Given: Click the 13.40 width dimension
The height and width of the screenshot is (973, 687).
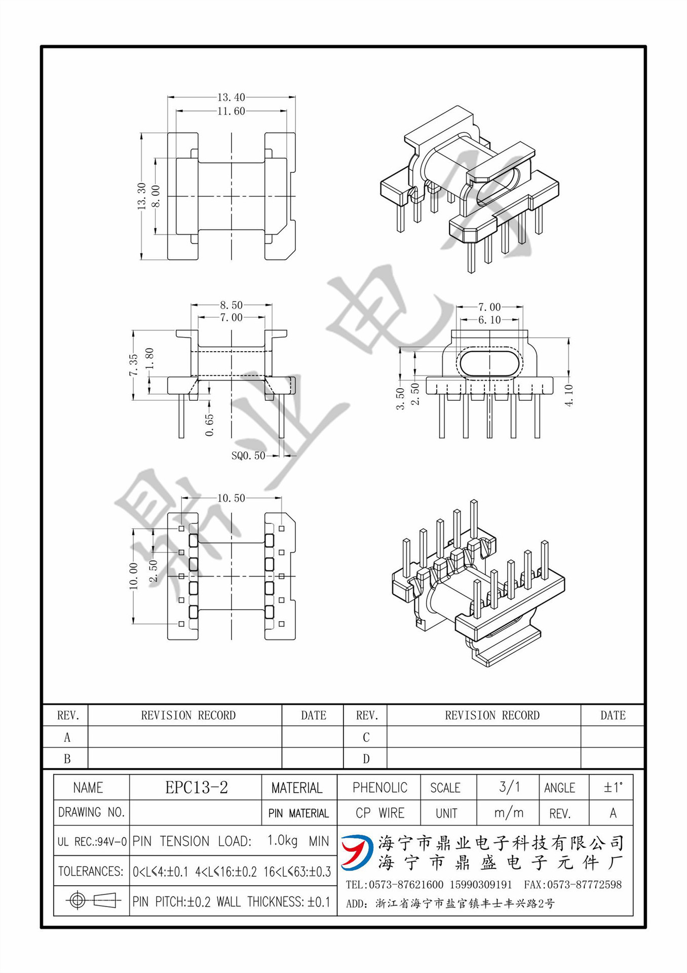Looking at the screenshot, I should [231, 97].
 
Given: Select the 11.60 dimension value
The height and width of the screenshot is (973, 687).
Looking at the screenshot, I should [231, 111].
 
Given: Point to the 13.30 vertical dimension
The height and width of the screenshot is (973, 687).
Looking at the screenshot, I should [141, 196].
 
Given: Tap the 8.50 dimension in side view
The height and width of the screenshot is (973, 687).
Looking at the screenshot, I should [231, 305].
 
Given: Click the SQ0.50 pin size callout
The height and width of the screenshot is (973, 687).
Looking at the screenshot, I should [248, 456].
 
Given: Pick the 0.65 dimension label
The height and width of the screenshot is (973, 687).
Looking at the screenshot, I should [209, 425].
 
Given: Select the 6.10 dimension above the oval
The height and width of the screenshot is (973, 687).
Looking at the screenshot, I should [489, 320].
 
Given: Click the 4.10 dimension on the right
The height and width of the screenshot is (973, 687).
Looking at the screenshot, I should [569, 395].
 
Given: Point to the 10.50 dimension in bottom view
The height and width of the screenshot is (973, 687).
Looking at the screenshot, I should [231, 498].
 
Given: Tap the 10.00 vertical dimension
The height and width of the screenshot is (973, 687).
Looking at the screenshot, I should [134, 576].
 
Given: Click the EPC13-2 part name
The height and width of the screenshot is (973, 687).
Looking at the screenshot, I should [197, 787].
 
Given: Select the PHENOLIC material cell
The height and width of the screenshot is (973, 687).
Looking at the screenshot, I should [379, 788].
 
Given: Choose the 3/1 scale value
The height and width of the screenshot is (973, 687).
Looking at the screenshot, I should [509, 787].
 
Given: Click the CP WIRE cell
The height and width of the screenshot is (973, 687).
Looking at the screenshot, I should [379, 813].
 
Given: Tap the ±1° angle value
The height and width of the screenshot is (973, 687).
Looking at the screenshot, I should [613, 787].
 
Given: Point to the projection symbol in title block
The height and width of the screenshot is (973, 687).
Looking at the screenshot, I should [92, 901].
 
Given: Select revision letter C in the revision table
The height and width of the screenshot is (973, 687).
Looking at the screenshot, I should [366, 737].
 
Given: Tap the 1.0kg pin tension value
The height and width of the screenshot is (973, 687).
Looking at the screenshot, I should [282, 841].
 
